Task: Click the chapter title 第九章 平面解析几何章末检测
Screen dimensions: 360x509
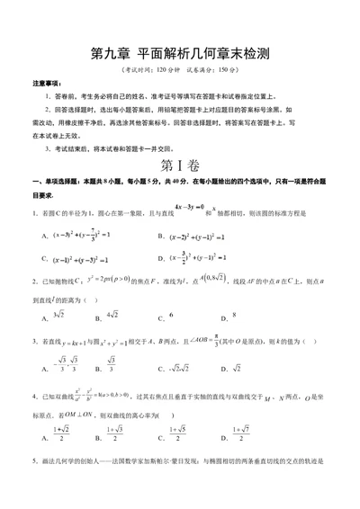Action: (179, 54)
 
